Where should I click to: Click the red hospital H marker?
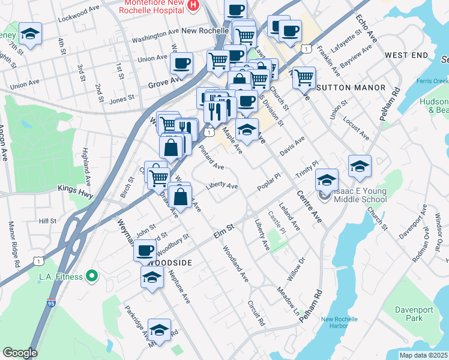point(193,6)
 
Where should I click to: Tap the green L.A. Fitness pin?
point(91,276)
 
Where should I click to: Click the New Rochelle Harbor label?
point(343,323)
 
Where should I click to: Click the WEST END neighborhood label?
point(406,55)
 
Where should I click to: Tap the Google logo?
point(20,353)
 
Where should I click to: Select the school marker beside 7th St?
point(30,34)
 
